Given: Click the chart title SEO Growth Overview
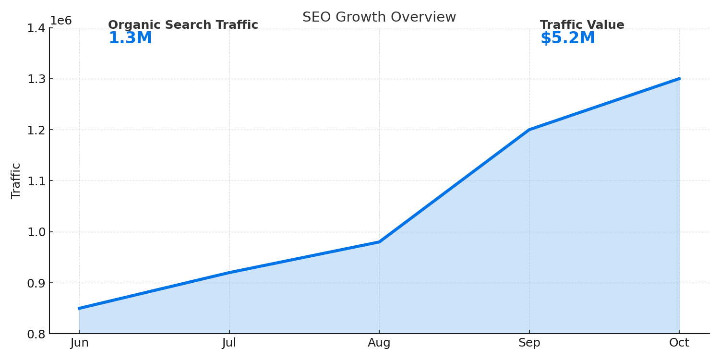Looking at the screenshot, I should [x=379, y=17].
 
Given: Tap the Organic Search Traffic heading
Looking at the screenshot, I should [x=183, y=25].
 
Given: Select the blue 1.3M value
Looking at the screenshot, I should [x=130, y=38].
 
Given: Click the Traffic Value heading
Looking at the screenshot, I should [x=582, y=25].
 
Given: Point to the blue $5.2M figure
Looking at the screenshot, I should [x=567, y=38].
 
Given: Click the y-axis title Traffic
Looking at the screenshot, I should [x=16, y=180].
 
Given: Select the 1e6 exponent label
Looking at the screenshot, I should [x=61, y=21].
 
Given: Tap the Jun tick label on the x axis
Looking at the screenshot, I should [x=79, y=343].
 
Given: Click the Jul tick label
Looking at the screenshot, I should [x=229, y=343].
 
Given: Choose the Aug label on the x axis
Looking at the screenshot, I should [x=379, y=343].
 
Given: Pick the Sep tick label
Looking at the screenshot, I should [x=529, y=343].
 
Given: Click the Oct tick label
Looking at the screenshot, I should [x=679, y=343].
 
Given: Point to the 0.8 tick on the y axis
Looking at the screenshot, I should [x=36, y=334].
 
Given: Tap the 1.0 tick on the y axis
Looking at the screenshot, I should [x=36, y=232].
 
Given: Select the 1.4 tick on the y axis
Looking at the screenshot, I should [x=36, y=28].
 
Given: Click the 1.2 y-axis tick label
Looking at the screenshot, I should [x=36, y=130].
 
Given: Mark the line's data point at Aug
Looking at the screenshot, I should [x=379, y=242].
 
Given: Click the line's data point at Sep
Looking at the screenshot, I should [x=529, y=130].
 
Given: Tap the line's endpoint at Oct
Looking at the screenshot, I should [x=679, y=79].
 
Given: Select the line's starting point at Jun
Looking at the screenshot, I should [x=80, y=308].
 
